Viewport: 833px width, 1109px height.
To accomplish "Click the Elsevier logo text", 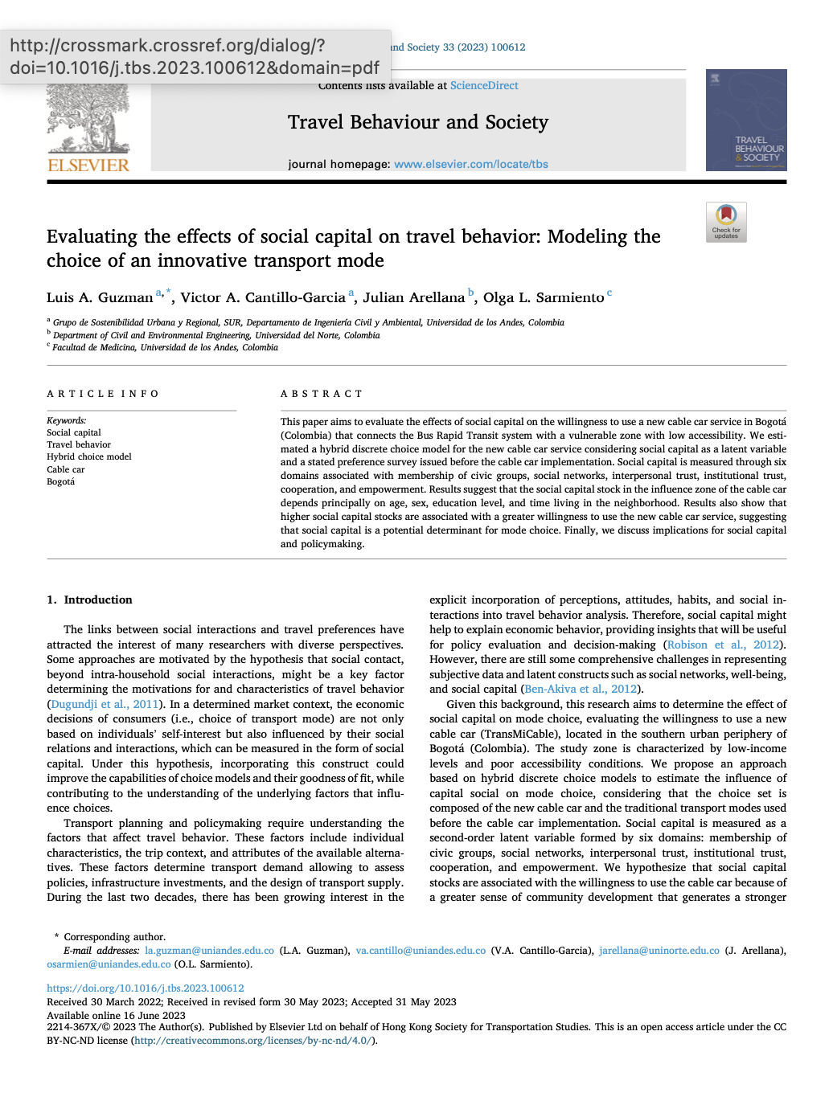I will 88,166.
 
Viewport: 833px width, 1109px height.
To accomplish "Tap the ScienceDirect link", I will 484,86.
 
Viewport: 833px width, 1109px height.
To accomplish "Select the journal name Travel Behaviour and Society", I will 418,122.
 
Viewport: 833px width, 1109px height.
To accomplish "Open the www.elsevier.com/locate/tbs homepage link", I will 471,164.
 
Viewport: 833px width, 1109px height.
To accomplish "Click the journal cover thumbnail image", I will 746,120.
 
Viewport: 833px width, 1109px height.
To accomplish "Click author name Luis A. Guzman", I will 100,298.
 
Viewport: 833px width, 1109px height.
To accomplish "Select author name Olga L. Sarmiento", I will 544,298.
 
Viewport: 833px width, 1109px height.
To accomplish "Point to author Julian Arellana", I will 413,298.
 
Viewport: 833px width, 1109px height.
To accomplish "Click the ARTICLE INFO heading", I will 103,394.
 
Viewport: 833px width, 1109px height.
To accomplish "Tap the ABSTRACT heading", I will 322,394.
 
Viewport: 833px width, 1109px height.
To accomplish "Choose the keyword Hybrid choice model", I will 89,456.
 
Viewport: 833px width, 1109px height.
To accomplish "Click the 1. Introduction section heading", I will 89,600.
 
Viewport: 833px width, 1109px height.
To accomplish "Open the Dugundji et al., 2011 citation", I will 105,704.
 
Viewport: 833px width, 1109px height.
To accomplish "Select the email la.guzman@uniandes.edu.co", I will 209,951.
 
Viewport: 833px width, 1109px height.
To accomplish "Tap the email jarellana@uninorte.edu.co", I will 659,951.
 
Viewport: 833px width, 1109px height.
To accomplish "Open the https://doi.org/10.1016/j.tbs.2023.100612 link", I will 146,988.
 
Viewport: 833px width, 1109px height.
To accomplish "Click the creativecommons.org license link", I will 252,1041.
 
